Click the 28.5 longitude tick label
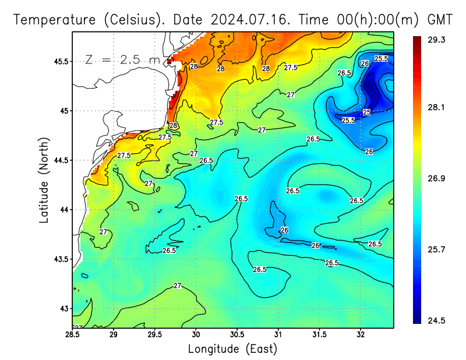point(73,334)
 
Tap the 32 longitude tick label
point(361,334)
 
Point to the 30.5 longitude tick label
point(237,334)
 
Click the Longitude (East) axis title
point(232,349)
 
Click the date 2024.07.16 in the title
point(252,19)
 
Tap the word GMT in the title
point(440,19)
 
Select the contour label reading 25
point(366,112)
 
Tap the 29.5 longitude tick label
point(155,334)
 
